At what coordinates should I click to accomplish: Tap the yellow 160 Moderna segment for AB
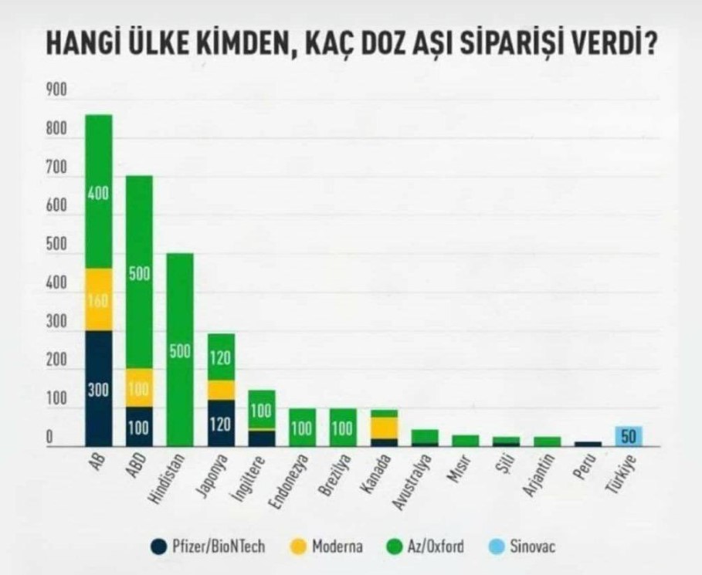click(99, 299)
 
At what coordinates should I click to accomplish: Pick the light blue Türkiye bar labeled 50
click(629, 436)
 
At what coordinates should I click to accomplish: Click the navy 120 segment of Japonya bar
click(220, 423)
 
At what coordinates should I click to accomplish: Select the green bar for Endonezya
click(302, 428)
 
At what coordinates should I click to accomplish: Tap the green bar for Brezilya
click(342, 428)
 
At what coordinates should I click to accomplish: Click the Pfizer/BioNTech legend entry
click(209, 547)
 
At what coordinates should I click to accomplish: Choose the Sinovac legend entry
click(522, 547)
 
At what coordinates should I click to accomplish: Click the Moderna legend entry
click(328, 547)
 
